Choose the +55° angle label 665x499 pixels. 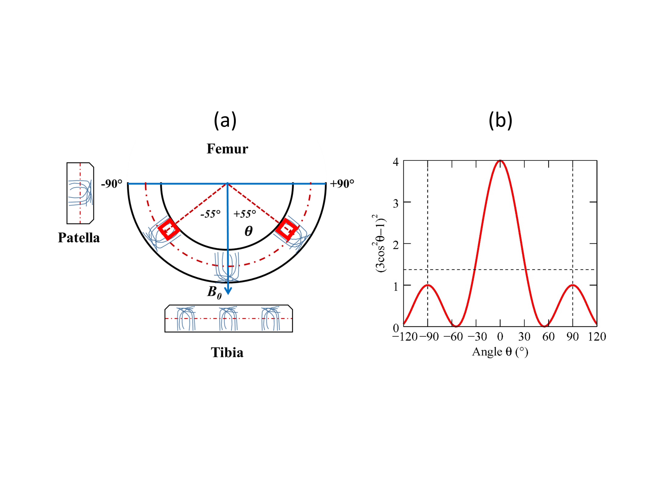[x=245, y=214]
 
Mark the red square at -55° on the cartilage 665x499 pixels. [x=169, y=229]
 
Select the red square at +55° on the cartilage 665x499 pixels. [x=287, y=229]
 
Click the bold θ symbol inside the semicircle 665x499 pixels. [x=248, y=231]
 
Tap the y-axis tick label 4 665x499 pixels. [x=396, y=162]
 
